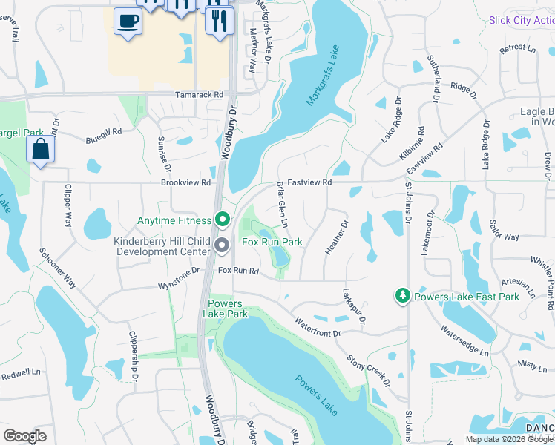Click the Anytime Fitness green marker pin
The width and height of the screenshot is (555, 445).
point(222,220)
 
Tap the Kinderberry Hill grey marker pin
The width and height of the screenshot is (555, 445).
point(222,245)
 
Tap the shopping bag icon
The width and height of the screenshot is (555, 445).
point(40,149)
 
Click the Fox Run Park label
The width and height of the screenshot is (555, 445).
point(272,242)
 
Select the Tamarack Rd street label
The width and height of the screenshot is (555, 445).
point(198,95)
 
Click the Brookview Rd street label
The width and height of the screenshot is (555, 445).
point(186,182)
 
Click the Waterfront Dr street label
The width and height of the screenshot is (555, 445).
point(317,327)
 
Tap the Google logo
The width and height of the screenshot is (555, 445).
point(24,436)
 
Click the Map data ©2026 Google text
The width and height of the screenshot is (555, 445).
point(508,439)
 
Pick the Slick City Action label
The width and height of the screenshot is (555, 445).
point(521,20)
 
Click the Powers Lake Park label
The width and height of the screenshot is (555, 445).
point(226,309)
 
